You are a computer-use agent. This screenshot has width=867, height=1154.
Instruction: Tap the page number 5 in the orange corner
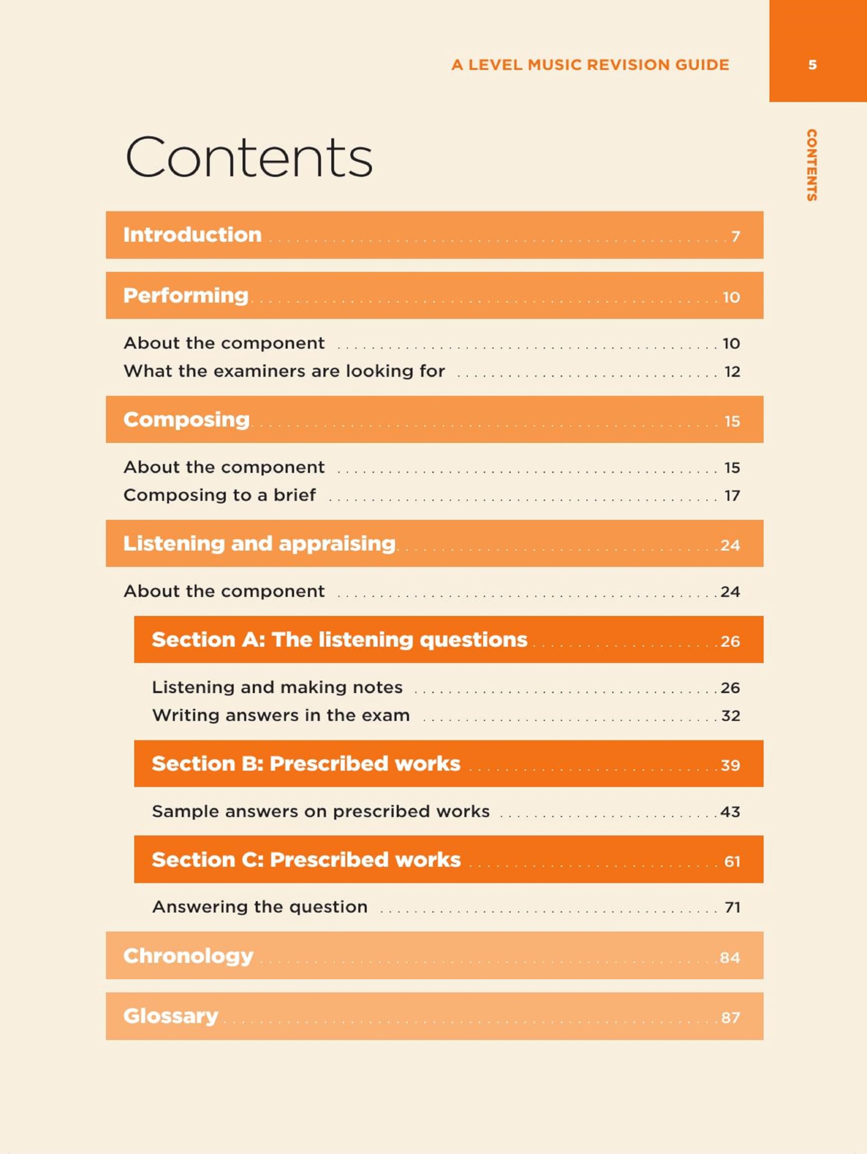pyautogui.click(x=812, y=65)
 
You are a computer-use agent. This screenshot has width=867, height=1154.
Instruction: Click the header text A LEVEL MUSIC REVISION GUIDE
pyautogui.click(x=590, y=65)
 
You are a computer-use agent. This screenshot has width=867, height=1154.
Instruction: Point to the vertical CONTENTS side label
pyautogui.click(x=811, y=165)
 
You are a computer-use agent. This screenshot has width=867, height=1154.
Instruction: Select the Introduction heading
pyautogui.click(x=192, y=235)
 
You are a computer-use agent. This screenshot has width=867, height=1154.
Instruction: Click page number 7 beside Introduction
pyautogui.click(x=735, y=237)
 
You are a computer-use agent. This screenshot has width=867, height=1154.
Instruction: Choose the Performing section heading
pyautogui.click(x=186, y=295)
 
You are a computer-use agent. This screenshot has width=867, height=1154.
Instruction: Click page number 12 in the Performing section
pyautogui.click(x=732, y=372)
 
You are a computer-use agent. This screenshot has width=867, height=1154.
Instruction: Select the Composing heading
pyautogui.click(x=186, y=419)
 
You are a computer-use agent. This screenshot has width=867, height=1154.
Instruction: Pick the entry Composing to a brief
pyautogui.click(x=219, y=495)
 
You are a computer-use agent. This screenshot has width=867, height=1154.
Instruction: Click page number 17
pyautogui.click(x=732, y=495)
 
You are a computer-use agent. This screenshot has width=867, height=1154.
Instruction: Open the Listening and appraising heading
pyautogui.click(x=259, y=544)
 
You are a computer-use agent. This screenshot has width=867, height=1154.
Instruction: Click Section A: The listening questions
pyautogui.click(x=339, y=640)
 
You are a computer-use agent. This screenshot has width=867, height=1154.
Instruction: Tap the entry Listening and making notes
pyautogui.click(x=277, y=687)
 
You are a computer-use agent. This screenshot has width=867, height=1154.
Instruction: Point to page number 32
pyautogui.click(x=730, y=716)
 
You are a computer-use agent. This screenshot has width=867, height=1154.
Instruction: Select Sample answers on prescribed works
pyautogui.click(x=320, y=811)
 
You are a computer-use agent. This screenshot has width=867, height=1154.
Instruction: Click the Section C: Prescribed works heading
pyautogui.click(x=306, y=860)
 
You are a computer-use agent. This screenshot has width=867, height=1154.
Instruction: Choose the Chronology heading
pyautogui.click(x=188, y=956)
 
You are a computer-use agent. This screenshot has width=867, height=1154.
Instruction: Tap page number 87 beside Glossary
pyautogui.click(x=730, y=1018)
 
